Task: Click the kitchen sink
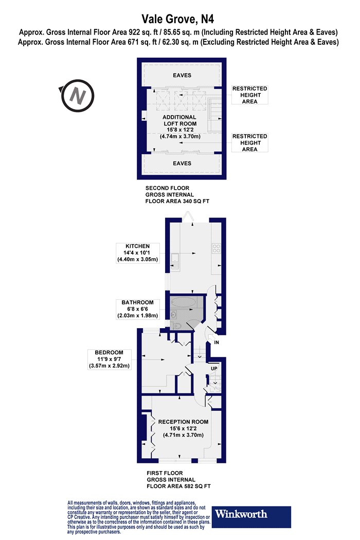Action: point(175,262)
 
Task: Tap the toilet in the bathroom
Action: point(177,328)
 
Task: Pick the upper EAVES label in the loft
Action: point(182,75)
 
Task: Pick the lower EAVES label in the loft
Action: point(182,163)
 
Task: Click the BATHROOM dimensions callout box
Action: point(137,309)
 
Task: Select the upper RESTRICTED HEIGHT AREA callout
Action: point(250,95)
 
